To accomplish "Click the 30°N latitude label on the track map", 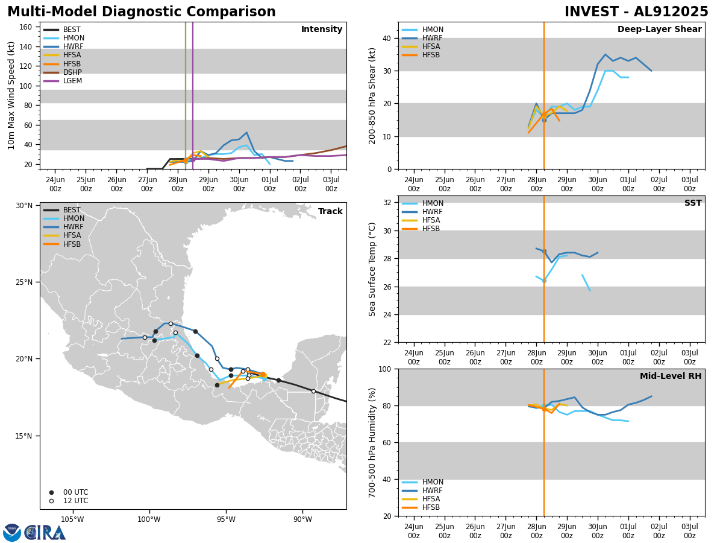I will pos(24,206).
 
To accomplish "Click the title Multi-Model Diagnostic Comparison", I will pos(142,12).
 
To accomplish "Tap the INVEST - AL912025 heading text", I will pos(636,12).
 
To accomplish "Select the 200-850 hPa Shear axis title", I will pos(373,95).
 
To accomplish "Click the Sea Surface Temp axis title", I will pos(373,269).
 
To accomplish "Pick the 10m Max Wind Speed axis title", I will pos(11,95).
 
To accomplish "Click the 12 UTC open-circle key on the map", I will pos(51,501).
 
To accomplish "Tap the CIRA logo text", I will pos(45,532).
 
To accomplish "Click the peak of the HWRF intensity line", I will pos(246,133).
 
